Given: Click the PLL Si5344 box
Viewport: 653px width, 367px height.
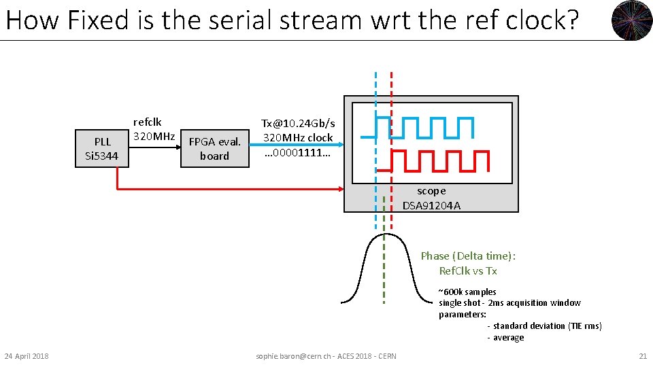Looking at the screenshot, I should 102,149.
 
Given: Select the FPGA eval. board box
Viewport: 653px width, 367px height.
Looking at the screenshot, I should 215,149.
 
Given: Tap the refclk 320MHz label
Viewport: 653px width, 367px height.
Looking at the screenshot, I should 154,129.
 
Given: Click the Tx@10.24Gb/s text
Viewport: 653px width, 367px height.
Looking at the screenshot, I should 298,123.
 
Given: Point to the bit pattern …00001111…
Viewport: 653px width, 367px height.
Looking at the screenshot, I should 298,152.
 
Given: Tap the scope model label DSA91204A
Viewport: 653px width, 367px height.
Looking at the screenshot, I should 431,205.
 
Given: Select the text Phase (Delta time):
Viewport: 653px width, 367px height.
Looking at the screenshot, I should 468,256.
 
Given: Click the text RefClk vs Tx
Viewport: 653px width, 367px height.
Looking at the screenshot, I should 468,270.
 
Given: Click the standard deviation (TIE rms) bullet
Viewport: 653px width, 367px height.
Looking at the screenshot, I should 544,326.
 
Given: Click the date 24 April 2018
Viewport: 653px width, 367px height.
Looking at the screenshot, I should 27,356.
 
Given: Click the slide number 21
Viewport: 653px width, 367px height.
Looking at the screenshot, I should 642,356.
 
